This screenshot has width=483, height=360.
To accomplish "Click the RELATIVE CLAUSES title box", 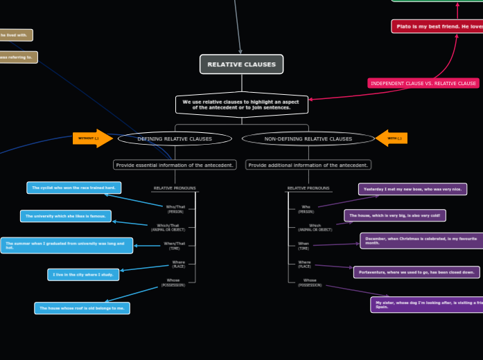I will click(241, 64).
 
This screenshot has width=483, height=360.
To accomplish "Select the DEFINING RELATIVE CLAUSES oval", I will click(175, 138).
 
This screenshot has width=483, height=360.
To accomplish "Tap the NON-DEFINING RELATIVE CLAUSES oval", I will click(308, 138).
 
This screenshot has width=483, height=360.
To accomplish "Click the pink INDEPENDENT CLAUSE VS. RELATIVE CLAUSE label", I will click(423, 83).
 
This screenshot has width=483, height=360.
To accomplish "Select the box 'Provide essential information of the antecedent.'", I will click(175, 165).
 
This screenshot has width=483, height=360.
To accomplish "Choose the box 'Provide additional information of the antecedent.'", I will click(308, 165).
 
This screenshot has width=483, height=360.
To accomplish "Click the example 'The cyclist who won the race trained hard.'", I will click(74, 188).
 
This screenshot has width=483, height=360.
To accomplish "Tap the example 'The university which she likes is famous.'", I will click(65, 216).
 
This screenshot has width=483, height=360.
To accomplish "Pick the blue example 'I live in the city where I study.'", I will click(83, 275).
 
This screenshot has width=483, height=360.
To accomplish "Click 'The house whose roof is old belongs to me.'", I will click(82, 308).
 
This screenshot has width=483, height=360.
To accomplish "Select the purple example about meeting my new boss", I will click(412, 189).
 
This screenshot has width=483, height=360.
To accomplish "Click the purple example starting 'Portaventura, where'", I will click(416, 272).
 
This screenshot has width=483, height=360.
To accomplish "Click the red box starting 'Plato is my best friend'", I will click(437, 26).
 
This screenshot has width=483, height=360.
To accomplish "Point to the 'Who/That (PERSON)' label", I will click(175, 208).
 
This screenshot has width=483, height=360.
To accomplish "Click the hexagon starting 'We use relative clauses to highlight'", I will click(241, 105).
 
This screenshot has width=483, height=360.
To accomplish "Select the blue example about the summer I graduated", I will click(67, 245).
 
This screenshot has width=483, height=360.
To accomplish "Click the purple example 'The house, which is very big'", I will click(394, 215).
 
